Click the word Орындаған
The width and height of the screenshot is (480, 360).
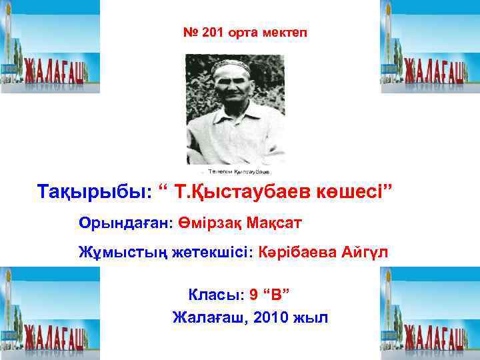125,222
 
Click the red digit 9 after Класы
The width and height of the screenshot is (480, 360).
253,294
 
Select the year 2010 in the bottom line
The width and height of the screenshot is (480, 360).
271,317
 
